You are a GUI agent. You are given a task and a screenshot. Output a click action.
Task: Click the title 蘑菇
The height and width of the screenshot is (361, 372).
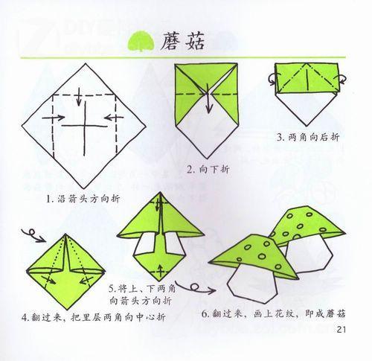[182, 42]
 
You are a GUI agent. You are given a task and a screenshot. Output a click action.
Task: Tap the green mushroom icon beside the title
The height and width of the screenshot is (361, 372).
[141, 42]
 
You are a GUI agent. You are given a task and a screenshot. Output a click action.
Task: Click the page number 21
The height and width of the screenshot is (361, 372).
[341, 330]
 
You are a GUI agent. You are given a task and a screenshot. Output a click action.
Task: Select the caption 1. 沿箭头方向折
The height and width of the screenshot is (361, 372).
[83, 199]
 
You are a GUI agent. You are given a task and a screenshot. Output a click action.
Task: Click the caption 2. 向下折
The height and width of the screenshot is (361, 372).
[208, 170]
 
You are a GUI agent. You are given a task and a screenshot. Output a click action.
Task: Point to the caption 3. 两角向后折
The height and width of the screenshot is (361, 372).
[308, 137]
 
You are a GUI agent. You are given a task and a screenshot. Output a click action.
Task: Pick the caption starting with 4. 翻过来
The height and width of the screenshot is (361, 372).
[94, 317]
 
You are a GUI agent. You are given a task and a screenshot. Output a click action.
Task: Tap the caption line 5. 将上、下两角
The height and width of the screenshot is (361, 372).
[142, 289]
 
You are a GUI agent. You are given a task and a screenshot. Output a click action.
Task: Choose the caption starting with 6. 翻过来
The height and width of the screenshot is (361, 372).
[273, 314]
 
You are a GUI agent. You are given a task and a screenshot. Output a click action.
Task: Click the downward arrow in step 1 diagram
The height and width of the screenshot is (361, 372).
[79, 97]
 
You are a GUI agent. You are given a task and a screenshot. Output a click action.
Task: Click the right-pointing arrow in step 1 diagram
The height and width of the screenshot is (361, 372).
[54, 118]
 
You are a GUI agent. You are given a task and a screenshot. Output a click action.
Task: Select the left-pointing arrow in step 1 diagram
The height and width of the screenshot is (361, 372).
[114, 118]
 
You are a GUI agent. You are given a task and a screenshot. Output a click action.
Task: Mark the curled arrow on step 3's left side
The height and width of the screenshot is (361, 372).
[272, 79]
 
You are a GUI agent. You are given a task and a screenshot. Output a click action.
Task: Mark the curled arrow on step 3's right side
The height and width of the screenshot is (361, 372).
[341, 80]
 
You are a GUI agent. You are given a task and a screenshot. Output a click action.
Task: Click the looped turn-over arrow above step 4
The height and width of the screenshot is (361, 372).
[33, 235]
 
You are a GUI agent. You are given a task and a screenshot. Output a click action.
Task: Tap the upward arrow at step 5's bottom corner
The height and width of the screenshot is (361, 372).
[161, 271]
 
